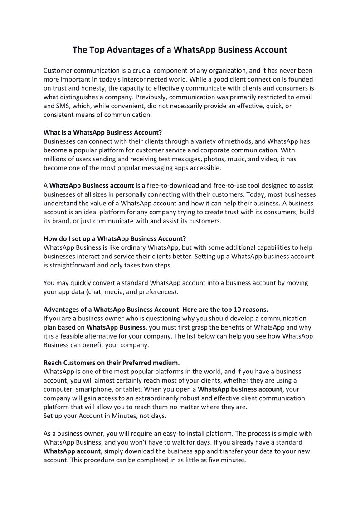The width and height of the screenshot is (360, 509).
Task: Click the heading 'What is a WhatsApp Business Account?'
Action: coord(102,132)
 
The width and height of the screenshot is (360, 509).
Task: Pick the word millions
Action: coord(57,159)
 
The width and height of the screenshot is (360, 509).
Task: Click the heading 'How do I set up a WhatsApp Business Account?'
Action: coord(115,238)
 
